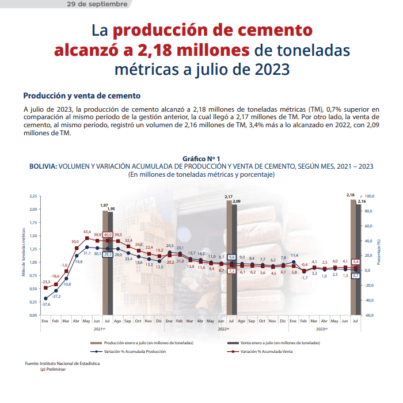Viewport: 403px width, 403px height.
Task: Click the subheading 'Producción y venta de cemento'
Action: click(82, 96)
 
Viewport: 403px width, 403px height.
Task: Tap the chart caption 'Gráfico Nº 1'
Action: click(201, 158)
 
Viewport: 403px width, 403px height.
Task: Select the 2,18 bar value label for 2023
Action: click(351, 196)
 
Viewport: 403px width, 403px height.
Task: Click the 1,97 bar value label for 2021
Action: click(104, 205)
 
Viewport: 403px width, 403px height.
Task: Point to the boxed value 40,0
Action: click(108, 234)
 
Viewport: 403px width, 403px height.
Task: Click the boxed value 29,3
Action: click(108, 253)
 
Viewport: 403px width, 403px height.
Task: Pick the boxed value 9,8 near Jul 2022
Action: click(232, 257)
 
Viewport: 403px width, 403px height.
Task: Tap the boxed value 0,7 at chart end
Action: click(355, 276)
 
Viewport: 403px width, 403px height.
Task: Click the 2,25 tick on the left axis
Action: click(33, 196)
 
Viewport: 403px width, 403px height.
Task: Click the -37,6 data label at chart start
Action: click(45, 304)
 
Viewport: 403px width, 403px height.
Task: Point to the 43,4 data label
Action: click(87, 232)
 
